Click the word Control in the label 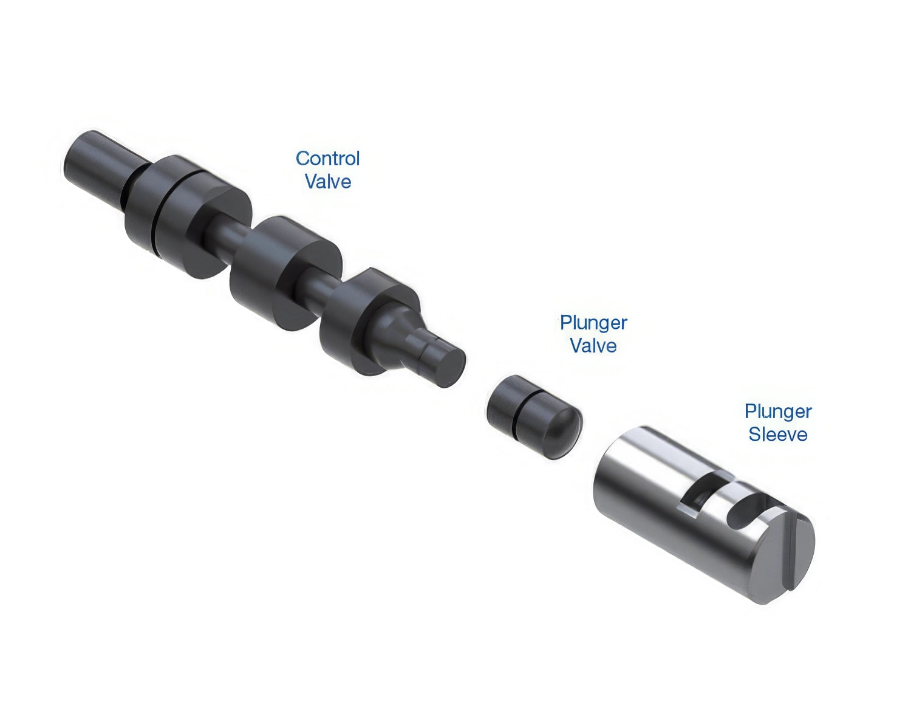[327, 159]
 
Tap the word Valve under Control [328, 182]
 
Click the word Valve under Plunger [593, 346]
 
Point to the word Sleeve [778, 435]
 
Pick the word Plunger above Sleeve [779, 412]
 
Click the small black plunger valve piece [534, 417]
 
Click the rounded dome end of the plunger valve [562, 432]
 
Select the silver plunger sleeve [703, 514]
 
